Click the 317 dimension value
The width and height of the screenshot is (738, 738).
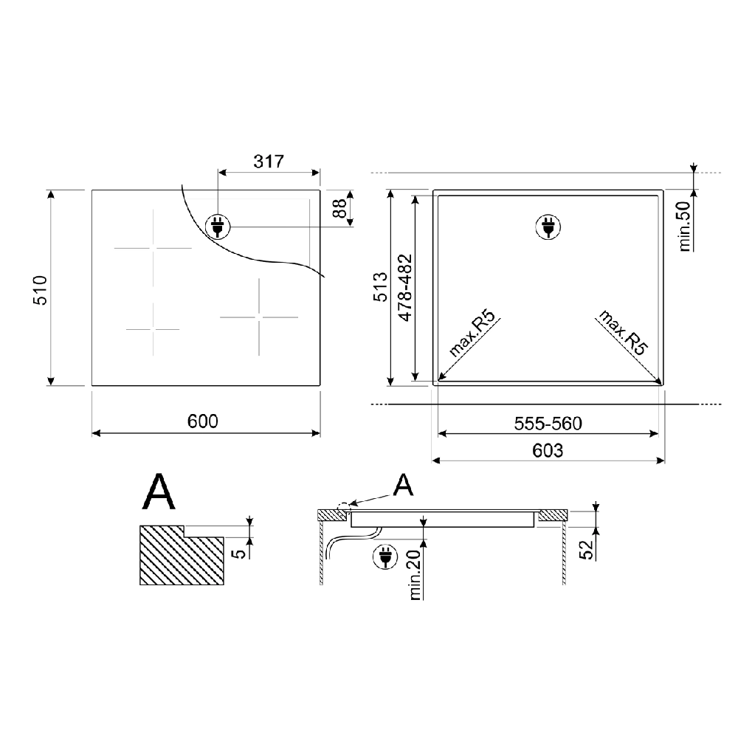[269, 162]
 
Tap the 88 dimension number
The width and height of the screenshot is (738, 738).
[339, 208]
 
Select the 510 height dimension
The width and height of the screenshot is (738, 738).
[40, 290]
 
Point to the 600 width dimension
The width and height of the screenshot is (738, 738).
[203, 421]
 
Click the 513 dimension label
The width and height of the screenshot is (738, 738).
[380, 286]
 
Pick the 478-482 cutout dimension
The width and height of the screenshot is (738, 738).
[405, 288]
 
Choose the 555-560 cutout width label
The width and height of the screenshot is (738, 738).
[548, 424]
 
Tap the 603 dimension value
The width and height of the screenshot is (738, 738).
[548, 451]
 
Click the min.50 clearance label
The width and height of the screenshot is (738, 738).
[685, 227]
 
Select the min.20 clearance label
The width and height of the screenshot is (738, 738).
[415, 575]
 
